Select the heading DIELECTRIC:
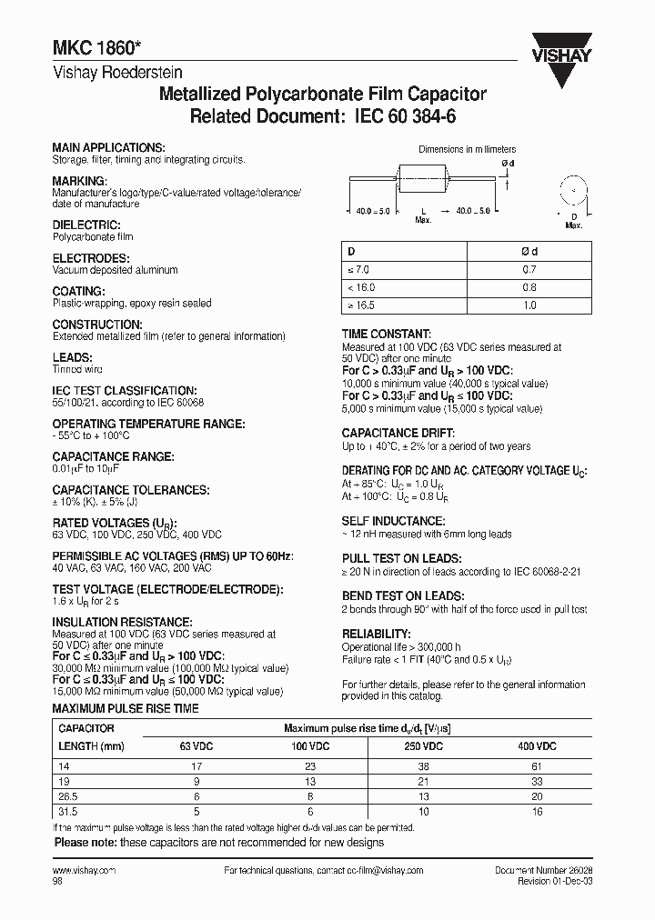(x=86, y=225)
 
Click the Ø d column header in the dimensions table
(x=532, y=251)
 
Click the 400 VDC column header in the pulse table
(x=537, y=745)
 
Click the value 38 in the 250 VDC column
(x=423, y=767)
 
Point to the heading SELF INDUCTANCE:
(x=393, y=521)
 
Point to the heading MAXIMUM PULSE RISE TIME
(x=126, y=707)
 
